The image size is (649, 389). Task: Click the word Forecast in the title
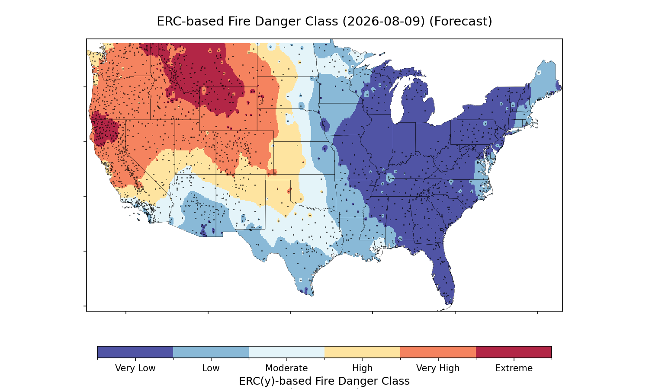[x=460, y=22]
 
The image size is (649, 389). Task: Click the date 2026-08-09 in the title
[x=384, y=22]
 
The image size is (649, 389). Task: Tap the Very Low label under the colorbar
[x=135, y=368]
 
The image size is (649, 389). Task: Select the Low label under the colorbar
[x=211, y=368]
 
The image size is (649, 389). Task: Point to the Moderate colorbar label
[x=286, y=368]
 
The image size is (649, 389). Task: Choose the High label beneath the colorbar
[x=362, y=368]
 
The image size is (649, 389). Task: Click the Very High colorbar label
[x=438, y=368]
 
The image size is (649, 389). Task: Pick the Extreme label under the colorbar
[x=514, y=368]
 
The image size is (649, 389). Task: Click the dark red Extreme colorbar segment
[x=514, y=352]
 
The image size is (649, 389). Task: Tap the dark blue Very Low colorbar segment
[x=135, y=352]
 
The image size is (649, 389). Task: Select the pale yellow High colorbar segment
[x=362, y=352]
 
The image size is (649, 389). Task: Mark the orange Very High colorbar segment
[x=438, y=352]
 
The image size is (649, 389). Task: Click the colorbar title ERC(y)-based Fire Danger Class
[x=324, y=381]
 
